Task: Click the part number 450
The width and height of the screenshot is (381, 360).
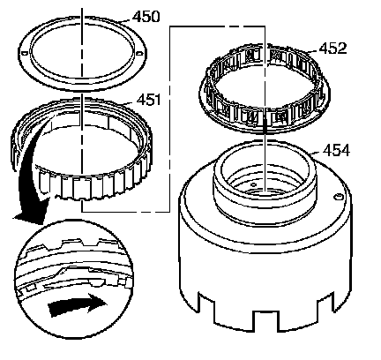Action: [x=146, y=17]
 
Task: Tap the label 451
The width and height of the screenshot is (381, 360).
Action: [x=148, y=100]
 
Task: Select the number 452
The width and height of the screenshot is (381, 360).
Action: [x=333, y=49]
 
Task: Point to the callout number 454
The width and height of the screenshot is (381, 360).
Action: [x=336, y=151]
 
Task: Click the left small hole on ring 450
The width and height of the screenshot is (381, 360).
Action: [x=25, y=53]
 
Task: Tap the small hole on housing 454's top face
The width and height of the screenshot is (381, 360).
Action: [x=338, y=197]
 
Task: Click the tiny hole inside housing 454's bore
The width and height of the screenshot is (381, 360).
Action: [x=253, y=184]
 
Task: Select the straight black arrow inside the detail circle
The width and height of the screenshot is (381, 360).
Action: [x=77, y=305]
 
